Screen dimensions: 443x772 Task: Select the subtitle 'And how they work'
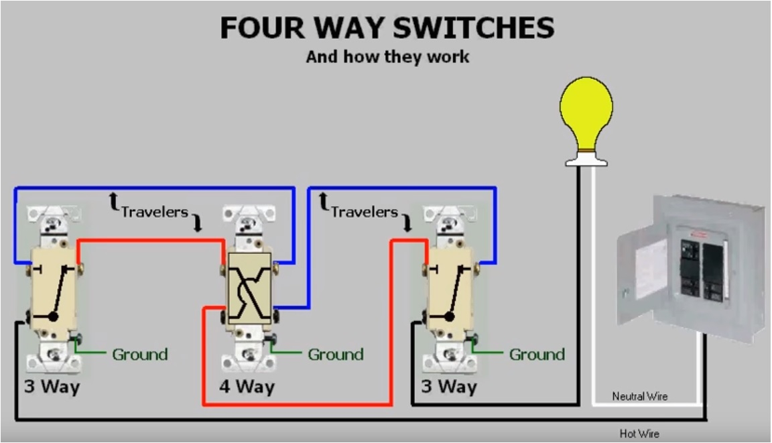tap(387, 56)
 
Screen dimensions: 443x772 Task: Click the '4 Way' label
tap(247, 387)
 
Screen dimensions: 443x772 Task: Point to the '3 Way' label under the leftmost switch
tap(52, 387)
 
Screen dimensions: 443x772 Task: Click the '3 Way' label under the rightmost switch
tap(448, 387)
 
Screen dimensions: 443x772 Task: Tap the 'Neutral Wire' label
tap(640, 397)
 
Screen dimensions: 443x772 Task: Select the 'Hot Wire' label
tap(639, 434)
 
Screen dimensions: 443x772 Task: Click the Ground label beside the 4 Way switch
tap(335, 355)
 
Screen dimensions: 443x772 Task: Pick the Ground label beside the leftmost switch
tap(139, 355)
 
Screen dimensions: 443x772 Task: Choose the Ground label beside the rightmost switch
tap(537, 355)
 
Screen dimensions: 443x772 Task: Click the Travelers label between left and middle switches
tap(154, 212)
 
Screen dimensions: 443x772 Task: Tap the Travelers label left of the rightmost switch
tap(364, 212)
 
